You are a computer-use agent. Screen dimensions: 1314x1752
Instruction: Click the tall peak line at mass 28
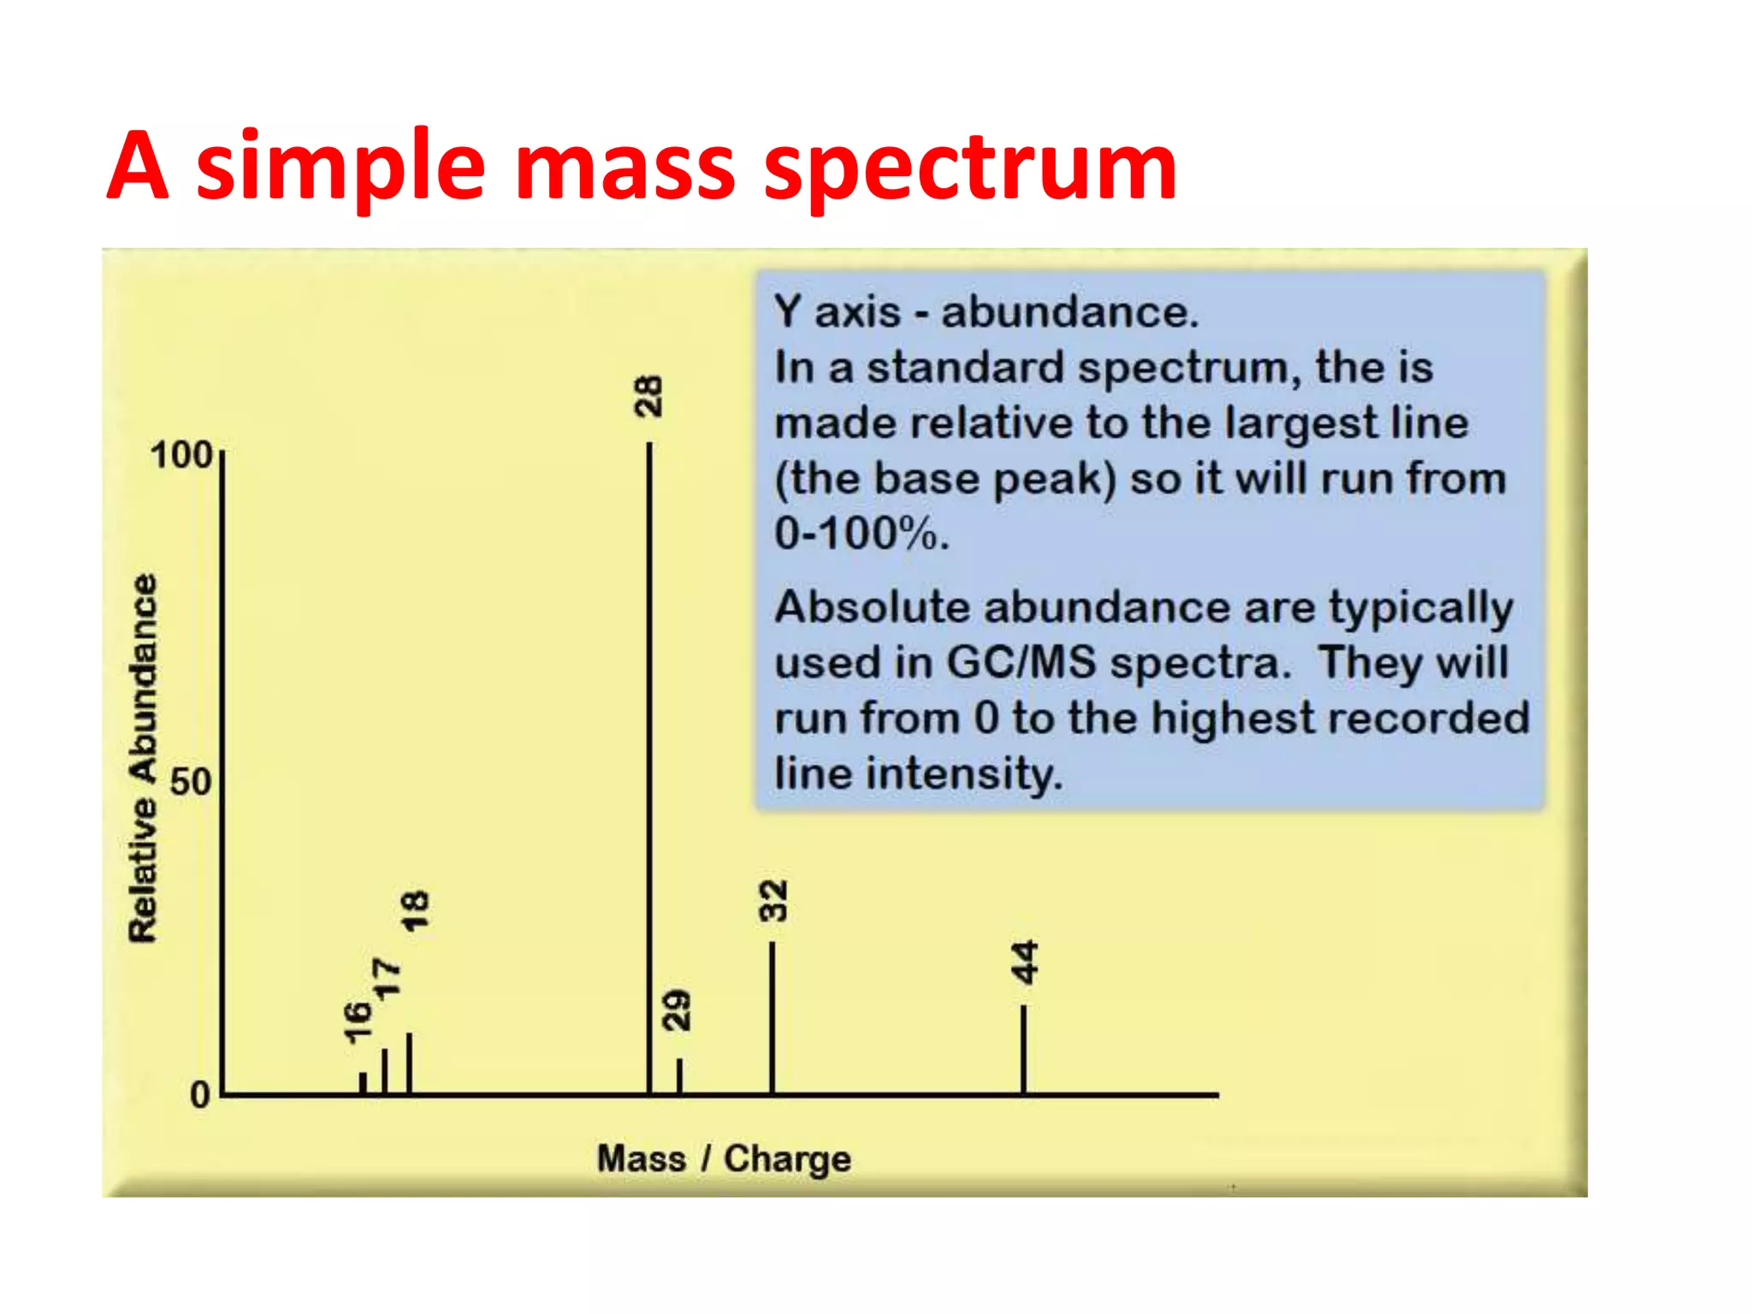(x=649, y=770)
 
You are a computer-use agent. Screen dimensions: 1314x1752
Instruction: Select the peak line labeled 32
(x=772, y=1018)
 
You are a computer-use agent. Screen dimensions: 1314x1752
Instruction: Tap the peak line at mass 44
(x=1023, y=1051)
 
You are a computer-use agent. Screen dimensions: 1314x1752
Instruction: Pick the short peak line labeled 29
(x=679, y=1076)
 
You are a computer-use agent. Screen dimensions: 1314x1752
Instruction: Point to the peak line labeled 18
(x=410, y=1064)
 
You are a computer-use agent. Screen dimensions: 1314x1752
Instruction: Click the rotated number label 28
(x=648, y=396)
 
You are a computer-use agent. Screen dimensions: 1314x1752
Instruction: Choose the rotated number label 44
(x=1024, y=962)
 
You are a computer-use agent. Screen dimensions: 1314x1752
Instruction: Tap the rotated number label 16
(x=358, y=1021)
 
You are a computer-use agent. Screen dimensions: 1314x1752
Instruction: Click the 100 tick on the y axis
(x=181, y=455)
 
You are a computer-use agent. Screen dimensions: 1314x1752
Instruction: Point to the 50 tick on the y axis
(x=190, y=782)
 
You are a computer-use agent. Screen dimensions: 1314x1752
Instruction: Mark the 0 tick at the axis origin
(x=200, y=1095)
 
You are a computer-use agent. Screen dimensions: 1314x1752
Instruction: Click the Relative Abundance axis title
(x=143, y=758)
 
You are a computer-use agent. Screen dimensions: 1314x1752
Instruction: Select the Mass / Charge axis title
(x=724, y=1158)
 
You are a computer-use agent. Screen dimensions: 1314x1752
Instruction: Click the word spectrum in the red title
(x=969, y=167)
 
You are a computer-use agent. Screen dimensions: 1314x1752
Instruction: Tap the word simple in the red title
(x=340, y=167)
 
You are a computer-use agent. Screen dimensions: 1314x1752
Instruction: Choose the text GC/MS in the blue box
(x=1021, y=662)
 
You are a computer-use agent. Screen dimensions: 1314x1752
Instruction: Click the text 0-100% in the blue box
(x=861, y=534)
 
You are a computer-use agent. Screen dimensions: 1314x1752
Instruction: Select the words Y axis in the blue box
(x=837, y=311)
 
